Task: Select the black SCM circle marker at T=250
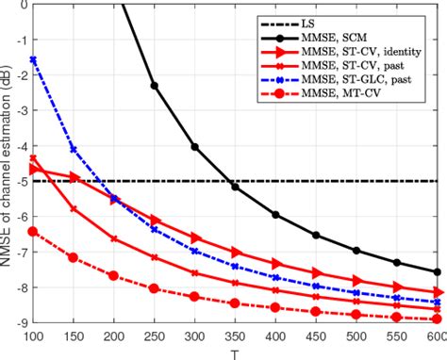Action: point(155,87)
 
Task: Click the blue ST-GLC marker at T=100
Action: point(34,59)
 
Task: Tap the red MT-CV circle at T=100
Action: point(34,231)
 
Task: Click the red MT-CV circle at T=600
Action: point(436,319)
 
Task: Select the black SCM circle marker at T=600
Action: point(436,271)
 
